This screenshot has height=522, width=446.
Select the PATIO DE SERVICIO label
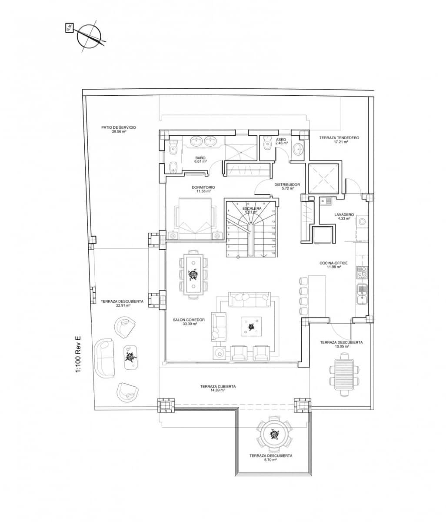pos(119,127)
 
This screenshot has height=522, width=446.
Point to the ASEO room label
pos(281,140)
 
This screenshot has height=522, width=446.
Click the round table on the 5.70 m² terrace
pos(274,434)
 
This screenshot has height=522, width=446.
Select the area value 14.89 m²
pos(218,391)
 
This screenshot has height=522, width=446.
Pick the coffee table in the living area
pos(251,326)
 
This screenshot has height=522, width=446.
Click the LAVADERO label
pos(344,214)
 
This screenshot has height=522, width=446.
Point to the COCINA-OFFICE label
pos(333,263)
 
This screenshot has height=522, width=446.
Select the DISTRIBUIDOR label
pos(287,185)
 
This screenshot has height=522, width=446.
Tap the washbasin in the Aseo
pos(299,149)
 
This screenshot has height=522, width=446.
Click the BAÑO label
pos(200,158)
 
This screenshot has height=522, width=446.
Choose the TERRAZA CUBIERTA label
pos(218,386)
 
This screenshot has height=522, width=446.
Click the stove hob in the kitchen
pos(362,272)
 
